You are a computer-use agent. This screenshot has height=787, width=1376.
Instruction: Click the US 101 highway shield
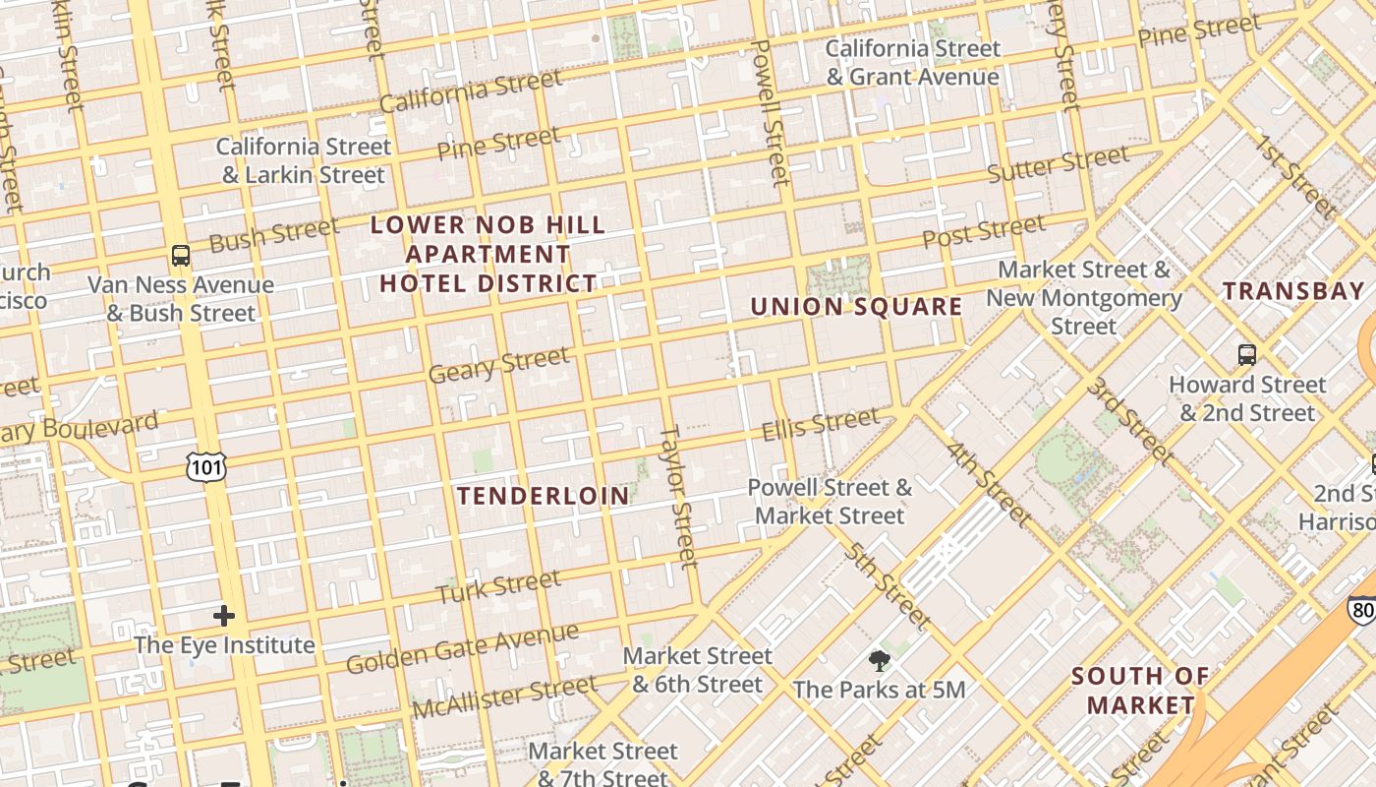(x=206, y=467)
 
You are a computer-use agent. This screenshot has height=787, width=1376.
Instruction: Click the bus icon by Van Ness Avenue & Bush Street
(x=181, y=256)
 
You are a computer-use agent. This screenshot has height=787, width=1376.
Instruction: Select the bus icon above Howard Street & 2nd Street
(x=1246, y=354)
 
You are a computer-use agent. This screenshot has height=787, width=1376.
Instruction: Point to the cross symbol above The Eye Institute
(x=224, y=617)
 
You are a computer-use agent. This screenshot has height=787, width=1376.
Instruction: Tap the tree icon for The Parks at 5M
(x=879, y=661)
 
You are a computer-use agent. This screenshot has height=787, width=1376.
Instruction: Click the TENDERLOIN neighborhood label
(x=544, y=496)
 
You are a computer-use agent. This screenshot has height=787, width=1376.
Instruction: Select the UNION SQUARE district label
(x=856, y=307)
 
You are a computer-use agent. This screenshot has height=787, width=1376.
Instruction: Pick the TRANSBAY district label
(x=1293, y=291)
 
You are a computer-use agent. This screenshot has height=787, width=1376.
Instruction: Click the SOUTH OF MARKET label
(x=1140, y=691)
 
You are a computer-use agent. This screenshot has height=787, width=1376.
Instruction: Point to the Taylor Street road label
(x=679, y=497)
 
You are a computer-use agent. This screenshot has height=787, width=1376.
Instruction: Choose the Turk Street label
(x=498, y=587)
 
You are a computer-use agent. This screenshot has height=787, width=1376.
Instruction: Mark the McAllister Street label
(x=504, y=696)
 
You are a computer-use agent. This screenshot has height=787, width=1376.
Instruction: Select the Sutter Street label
(x=1058, y=164)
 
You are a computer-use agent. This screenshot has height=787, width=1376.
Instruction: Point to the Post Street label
(x=984, y=232)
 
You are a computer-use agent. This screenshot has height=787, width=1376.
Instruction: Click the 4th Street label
(x=989, y=484)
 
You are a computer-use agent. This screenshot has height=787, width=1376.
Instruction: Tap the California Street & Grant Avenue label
(x=913, y=63)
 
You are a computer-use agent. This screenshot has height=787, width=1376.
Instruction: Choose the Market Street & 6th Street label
(x=698, y=670)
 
